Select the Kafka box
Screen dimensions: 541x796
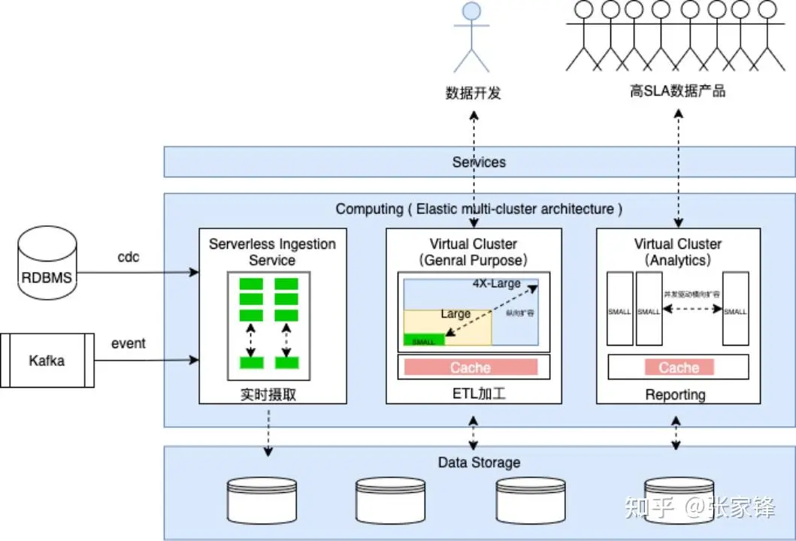click(x=47, y=361)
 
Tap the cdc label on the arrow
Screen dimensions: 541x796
click(x=129, y=257)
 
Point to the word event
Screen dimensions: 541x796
click(x=129, y=343)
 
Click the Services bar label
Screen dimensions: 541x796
click(x=479, y=162)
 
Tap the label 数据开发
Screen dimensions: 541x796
click(x=473, y=93)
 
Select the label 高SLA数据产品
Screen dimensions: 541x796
click(x=677, y=92)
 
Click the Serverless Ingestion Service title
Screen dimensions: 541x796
click(x=272, y=252)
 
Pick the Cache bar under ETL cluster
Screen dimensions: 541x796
click(x=471, y=367)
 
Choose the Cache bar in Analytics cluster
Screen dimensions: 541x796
click(x=679, y=367)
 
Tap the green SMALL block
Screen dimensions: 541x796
click(x=424, y=341)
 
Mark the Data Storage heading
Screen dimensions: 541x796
click(x=479, y=462)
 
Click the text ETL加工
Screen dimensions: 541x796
click(x=473, y=394)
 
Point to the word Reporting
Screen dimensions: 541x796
click(x=676, y=394)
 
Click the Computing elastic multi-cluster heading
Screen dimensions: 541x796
click(x=479, y=209)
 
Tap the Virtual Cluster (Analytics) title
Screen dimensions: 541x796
click(x=677, y=252)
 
